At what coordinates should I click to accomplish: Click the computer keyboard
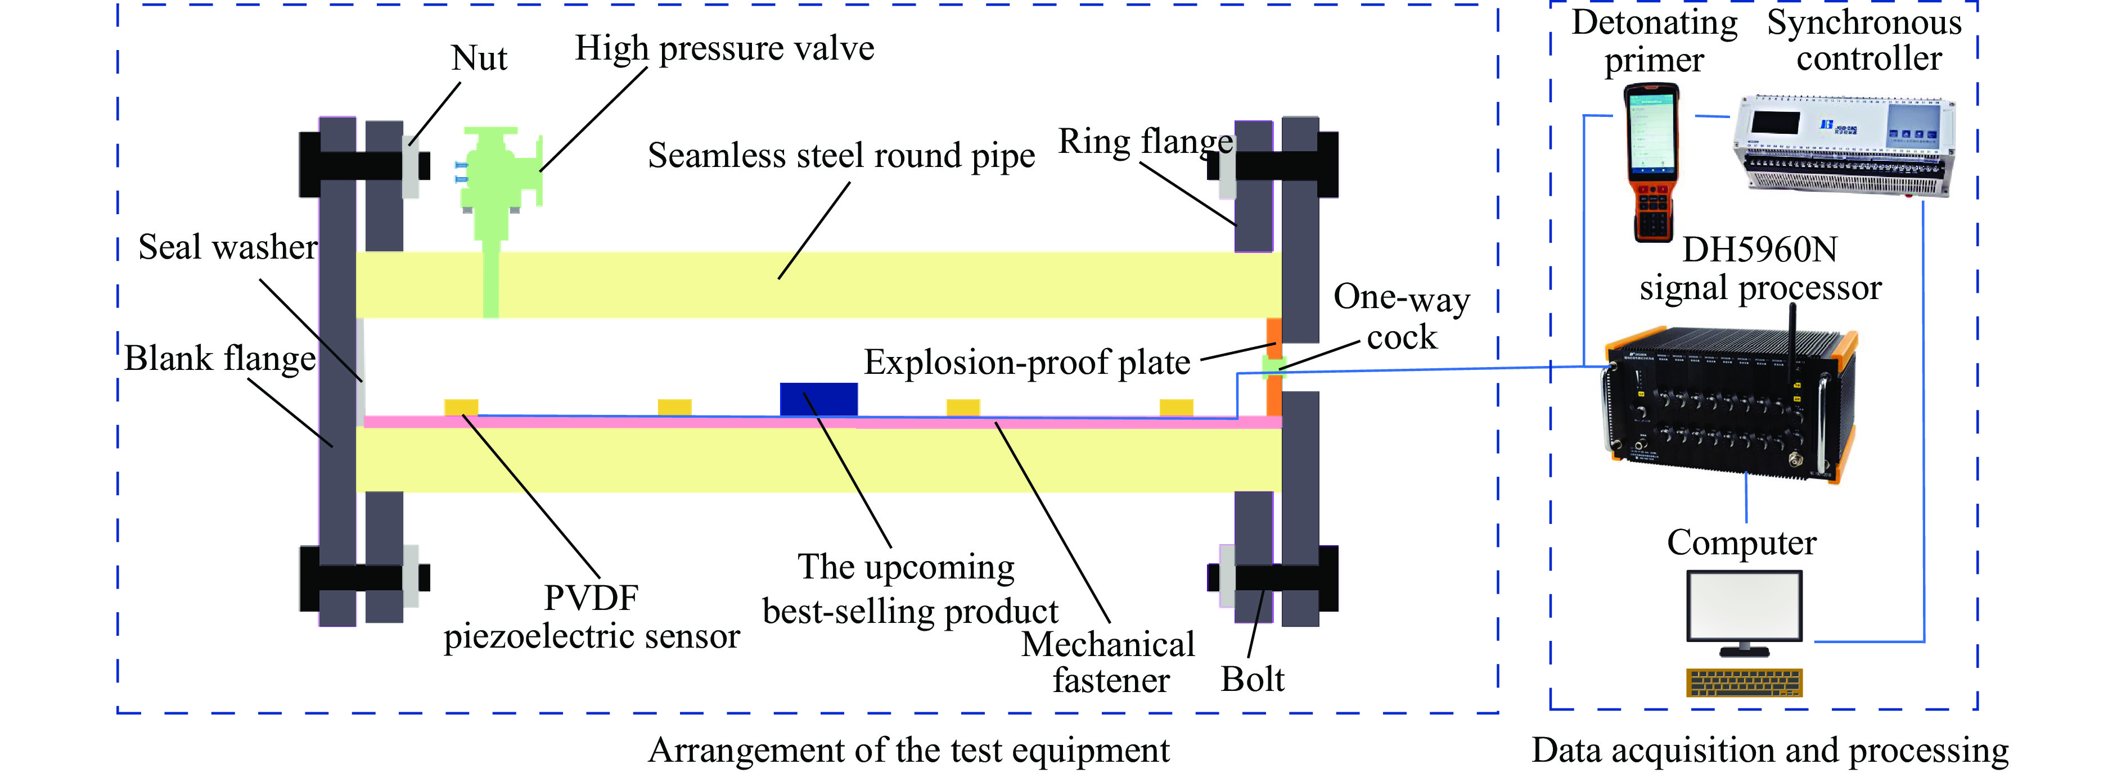click(x=1745, y=682)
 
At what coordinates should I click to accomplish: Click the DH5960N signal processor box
click(x=1729, y=404)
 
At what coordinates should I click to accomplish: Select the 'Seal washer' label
click(x=227, y=247)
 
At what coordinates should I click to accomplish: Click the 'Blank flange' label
click(x=219, y=359)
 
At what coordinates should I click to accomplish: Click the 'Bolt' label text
click(x=1252, y=680)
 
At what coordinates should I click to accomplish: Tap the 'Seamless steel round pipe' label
click(x=840, y=156)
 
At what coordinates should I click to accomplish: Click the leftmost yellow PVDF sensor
click(x=461, y=406)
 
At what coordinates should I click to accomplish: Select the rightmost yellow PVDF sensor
click(x=1175, y=406)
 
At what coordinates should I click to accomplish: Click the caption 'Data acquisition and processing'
click(x=1769, y=751)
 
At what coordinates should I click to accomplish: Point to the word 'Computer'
click(x=1741, y=543)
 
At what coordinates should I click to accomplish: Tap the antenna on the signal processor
click(x=1792, y=342)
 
